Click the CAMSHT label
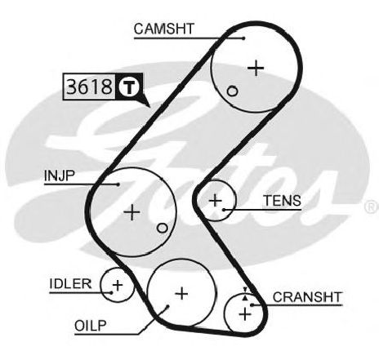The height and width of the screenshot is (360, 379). (164, 29)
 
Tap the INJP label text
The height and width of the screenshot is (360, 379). (59, 176)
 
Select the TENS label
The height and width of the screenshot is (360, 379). (283, 201)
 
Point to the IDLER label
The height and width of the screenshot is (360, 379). (70, 284)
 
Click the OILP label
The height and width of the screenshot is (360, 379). (91, 326)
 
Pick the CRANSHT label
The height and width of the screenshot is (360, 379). (307, 297)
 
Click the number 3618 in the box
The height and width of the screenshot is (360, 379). (89, 87)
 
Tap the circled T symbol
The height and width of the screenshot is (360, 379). (130, 87)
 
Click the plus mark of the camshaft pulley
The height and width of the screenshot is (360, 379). (256, 68)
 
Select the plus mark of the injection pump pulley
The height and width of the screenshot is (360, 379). (132, 212)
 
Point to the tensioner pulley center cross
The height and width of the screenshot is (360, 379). (216, 201)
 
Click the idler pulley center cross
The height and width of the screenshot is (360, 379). (118, 286)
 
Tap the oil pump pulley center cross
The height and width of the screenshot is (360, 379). (181, 294)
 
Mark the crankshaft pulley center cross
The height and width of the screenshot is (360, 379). (245, 314)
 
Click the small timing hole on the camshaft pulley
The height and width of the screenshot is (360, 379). (232, 91)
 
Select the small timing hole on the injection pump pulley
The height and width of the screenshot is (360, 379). (163, 228)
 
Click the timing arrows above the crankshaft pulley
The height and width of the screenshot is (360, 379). (245, 294)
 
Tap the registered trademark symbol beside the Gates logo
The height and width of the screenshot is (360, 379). (372, 207)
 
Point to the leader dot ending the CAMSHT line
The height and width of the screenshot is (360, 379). (243, 38)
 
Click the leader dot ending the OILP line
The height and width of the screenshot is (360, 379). (167, 307)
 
